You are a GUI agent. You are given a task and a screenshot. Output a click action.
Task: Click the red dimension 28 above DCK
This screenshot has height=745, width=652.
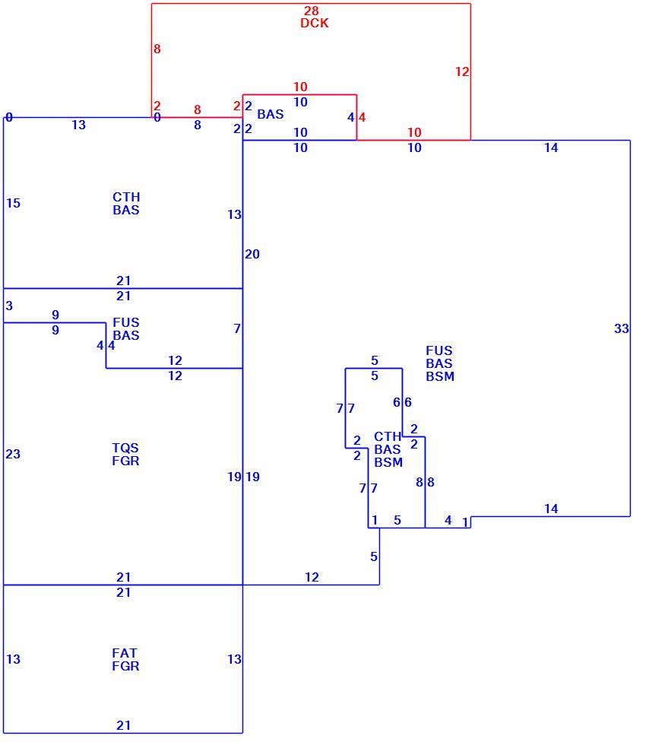(311, 11)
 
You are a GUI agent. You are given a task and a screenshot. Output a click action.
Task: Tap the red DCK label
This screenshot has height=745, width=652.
(315, 23)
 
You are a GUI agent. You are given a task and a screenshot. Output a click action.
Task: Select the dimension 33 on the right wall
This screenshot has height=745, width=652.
(621, 328)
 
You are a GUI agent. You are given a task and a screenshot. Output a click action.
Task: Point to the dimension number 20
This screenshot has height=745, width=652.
(252, 254)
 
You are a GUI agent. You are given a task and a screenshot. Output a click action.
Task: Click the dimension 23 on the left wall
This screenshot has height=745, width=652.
(13, 454)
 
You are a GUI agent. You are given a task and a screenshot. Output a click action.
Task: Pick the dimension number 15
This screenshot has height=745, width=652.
(13, 203)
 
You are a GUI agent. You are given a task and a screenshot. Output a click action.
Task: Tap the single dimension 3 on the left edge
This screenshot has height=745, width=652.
(9, 306)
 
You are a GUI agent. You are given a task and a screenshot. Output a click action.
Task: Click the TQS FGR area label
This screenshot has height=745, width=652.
(125, 455)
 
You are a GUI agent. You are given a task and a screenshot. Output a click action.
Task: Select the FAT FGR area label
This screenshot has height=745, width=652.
(125, 660)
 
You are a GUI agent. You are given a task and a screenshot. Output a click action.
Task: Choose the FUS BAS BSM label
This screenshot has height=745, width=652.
(440, 363)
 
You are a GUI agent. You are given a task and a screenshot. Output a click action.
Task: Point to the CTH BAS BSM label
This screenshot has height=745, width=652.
(388, 449)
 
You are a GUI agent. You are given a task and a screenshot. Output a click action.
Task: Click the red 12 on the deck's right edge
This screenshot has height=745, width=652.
(462, 71)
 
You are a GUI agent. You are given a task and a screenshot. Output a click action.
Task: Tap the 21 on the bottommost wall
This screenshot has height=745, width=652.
(123, 725)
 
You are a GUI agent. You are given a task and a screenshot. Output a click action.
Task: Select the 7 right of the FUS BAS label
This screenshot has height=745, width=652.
(237, 328)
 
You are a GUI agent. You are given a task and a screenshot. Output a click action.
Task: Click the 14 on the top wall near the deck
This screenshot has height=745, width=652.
(551, 147)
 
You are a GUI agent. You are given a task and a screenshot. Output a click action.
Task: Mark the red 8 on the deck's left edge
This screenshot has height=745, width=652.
(157, 49)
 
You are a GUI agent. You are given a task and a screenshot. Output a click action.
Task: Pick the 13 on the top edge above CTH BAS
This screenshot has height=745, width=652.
(78, 125)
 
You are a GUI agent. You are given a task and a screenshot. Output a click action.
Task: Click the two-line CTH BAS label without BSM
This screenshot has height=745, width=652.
(126, 204)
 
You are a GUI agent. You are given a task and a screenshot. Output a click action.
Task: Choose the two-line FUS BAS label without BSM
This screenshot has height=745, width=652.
(126, 328)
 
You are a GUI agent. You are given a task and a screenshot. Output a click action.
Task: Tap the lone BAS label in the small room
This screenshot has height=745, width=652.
(271, 114)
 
